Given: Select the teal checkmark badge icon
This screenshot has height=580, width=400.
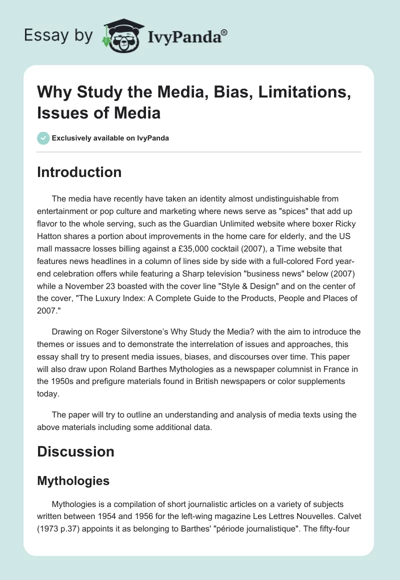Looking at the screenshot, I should tap(43, 138).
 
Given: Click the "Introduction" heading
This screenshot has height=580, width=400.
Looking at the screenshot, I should tap(79, 172).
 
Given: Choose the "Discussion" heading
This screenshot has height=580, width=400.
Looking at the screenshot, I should tap(75, 451).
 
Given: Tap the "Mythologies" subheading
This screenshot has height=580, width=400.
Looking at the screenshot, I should tap(73, 481).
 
